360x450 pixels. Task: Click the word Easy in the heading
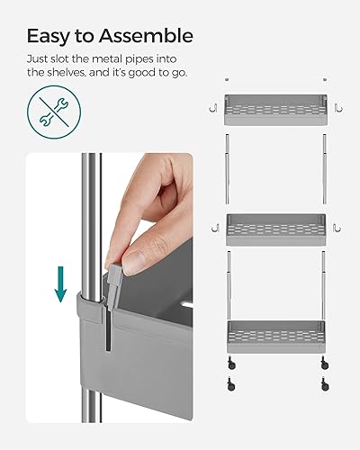[x=49, y=36]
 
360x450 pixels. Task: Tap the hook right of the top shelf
[x=337, y=108]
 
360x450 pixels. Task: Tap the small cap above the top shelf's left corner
[x=227, y=78]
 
